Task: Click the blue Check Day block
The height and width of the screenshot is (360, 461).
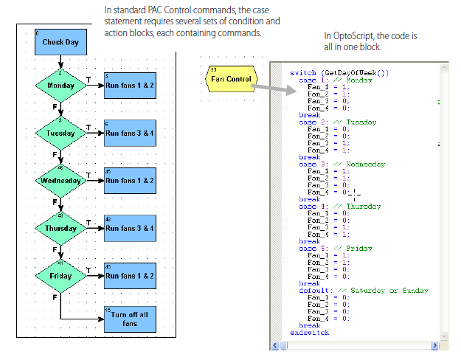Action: click(60, 43)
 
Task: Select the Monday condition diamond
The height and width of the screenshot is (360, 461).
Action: click(60, 86)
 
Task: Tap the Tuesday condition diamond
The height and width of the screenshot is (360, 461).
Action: click(60, 134)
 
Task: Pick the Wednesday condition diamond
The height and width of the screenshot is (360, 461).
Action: click(60, 180)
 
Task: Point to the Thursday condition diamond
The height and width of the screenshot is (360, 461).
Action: click(60, 228)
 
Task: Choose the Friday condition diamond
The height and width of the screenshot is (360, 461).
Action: click(60, 276)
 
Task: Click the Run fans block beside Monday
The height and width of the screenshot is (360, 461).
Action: click(130, 86)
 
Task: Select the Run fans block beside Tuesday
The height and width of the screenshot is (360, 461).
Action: click(130, 134)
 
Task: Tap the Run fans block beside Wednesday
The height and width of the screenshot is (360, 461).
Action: click(130, 180)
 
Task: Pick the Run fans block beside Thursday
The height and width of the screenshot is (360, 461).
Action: click(130, 228)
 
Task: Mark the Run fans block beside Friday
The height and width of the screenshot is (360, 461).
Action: click(130, 276)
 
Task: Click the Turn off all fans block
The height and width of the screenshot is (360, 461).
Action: click(130, 319)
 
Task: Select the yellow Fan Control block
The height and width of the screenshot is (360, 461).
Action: click(229, 78)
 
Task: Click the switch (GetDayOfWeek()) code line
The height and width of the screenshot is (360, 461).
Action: click(328, 73)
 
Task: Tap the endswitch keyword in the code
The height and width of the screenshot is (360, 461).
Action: click(310, 333)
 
